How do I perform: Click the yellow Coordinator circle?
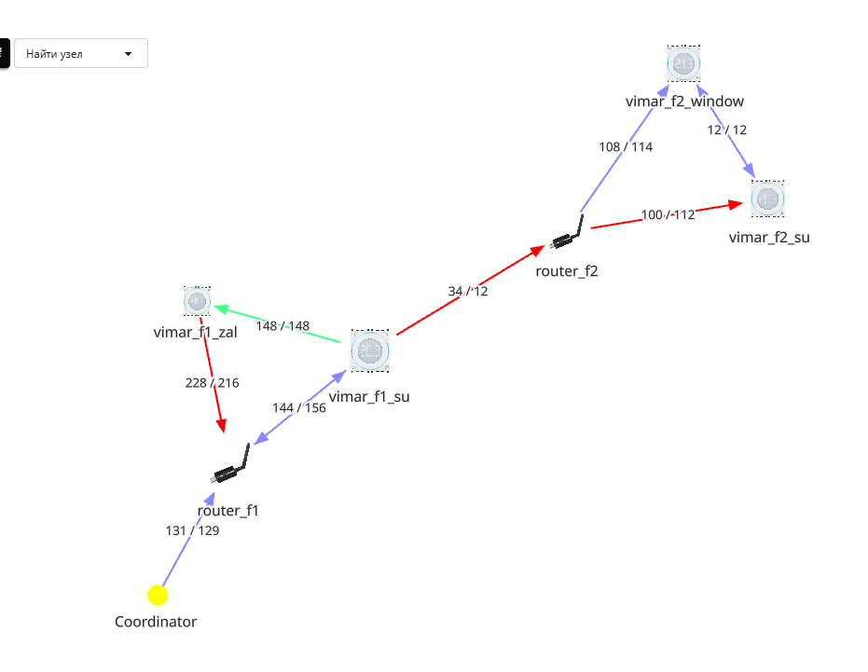pyautogui.click(x=158, y=595)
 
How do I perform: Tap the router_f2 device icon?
pyautogui.click(x=568, y=234)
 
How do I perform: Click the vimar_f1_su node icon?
pyautogui.click(x=370, y=350)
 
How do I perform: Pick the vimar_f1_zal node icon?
pyautogui.click(x=197, y=301)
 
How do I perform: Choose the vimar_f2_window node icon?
pyautogui.click(x=683, y=63)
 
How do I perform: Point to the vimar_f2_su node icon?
pyautogui.click(x=767, y=199)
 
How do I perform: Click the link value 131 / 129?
pyautogui.click(x=192, y=530)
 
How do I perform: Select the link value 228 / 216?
pyautogui.click(x=213, y=382)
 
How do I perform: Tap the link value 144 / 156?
pyautogui.click(x=299, y=407)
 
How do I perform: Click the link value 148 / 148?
pyautogui.click(x=282, y=325)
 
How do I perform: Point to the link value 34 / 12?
pyautogui.click(x=468, y=291)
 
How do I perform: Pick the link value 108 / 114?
pyautogui.click(x=626, y=146)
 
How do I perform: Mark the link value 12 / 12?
pyautogui.click(x=727, y=130)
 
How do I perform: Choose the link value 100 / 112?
pyautogui.click(x=668, y=215)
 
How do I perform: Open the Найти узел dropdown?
pyautogui.click(x=81, y=53)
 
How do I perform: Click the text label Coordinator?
pyautogui.click(x=156, y=622)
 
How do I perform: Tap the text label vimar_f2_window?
pyautogui.click(x=684, y=101)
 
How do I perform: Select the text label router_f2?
pyautogui.click(x=566, y=270)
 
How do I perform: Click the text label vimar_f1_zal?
pyautogui.click(x=196, y=332)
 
